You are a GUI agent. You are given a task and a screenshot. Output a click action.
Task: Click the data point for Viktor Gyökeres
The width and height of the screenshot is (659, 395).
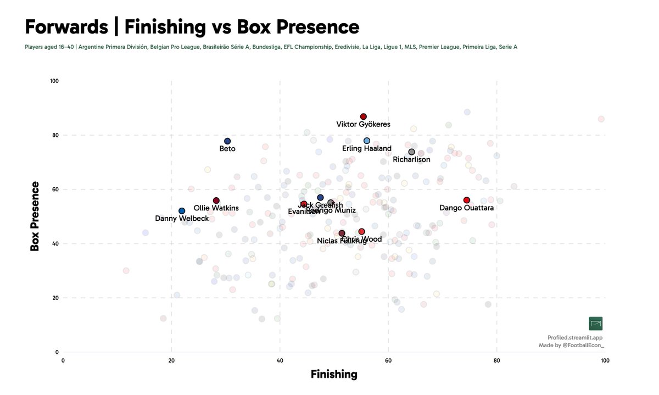click(x=363, y=116)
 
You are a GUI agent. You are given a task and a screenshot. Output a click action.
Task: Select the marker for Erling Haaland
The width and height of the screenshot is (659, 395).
click(x=367, y=141)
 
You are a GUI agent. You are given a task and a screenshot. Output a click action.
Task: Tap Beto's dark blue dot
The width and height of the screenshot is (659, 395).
click(x=227, y=141)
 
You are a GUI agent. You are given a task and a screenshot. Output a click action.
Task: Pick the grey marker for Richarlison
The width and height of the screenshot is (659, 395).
click(x=411, y=152)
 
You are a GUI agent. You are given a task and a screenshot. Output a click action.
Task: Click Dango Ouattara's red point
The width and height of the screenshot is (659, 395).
click(x=467, y=200)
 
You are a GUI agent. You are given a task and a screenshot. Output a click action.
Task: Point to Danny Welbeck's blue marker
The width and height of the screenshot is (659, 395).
click(x=182, y=211)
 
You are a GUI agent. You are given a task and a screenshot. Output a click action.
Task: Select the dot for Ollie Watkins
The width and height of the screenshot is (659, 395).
click(x=216, y=201)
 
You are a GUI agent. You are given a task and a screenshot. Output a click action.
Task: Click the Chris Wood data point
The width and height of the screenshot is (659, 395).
click(x=361, y=231)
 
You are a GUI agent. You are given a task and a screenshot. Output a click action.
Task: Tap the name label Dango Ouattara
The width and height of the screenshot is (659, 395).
click(x=467, y=208)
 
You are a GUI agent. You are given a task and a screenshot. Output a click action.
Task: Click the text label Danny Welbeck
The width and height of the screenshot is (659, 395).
click(x=182, y=219)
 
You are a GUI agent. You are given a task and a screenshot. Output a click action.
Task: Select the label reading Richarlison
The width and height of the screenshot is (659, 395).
click(x=411, y=160)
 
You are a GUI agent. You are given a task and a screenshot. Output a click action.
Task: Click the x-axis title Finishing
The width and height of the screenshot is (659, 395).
click(x=334, y=375)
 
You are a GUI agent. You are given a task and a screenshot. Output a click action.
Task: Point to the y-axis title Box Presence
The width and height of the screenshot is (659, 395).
click(x=35, y=216)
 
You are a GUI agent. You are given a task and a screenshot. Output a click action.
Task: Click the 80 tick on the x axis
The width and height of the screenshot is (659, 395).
click(x=496, y=360)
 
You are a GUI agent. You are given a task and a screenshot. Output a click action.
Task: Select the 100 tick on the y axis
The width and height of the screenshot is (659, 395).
click(x=54, y=81)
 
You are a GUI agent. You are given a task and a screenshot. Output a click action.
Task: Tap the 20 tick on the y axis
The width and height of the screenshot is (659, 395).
click(x=55, y=298)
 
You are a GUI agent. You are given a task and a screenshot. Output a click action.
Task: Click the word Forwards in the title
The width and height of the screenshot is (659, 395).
click(x=66, y=27)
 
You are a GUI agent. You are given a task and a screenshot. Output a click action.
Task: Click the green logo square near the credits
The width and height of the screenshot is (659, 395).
click(x=595, y=324)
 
